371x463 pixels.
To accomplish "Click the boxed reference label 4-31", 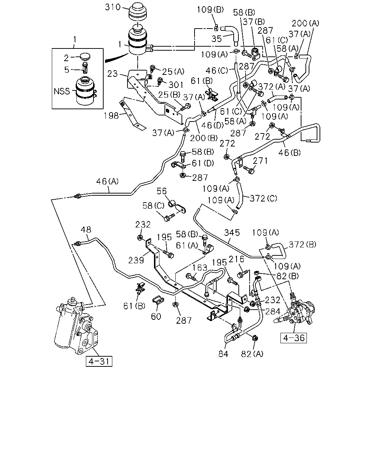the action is click(99, 361).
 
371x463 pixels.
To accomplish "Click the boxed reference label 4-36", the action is click(293, 338).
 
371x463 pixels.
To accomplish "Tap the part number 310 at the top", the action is click(113, 7).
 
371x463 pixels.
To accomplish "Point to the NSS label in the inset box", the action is click(62, 91).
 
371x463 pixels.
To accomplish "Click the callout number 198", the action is click(111, 116).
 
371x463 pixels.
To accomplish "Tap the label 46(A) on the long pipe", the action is click(107, 181).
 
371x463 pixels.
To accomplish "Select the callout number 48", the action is click(86, 230).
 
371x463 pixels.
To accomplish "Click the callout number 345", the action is click(232, 233).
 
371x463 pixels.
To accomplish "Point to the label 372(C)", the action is click(263, 198).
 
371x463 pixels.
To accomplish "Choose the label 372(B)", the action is click(303, 245).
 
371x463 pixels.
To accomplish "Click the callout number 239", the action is click(136, 260).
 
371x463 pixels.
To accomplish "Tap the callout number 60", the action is click(156, 316).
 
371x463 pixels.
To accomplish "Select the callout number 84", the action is click(223, 354).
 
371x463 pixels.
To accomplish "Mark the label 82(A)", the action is click(252, 354).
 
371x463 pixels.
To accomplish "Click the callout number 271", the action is click(260, 161).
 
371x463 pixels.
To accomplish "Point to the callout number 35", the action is click(216, 39).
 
